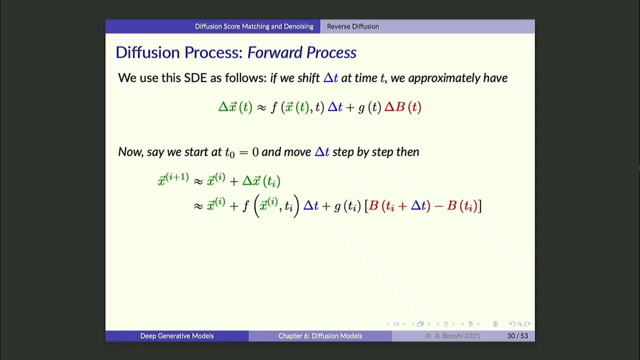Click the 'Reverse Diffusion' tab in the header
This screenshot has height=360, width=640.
pyautogui.click(x=352, y=26)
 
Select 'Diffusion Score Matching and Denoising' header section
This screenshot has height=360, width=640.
pyautogui.click(x=254, y=26)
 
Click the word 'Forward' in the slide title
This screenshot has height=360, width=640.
pyautogui.click(x=274, y=52)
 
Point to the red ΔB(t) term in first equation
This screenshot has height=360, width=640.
pyautogui.click(x=402, y=107)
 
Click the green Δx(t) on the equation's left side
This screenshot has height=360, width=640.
pyautogui.click(x=235, y=107)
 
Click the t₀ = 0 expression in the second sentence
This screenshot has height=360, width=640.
pyautogui.click(x=241, y=152)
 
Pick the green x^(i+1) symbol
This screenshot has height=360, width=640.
pyautogui.click(x=173, y=180)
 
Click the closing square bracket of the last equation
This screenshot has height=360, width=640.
pyautogui.click(x=479, y=205)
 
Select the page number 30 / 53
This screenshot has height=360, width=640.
pyautogui.click(x=517, y=336)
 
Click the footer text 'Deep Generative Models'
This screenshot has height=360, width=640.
pyautogui.click(x=176, y=336)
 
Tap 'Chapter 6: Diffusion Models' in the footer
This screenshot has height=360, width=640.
pyautogui.click(x=320, y=336)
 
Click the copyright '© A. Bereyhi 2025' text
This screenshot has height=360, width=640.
pyautogui.click(x=452, y=336)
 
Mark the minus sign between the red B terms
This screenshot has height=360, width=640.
pyautogui.click(x=438, y=205)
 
